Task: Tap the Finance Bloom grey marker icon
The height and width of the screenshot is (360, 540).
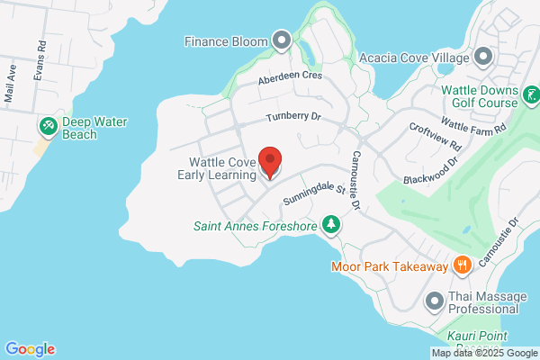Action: click(x=282, y=40)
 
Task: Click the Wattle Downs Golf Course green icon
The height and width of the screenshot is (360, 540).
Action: click(x=531, y=94)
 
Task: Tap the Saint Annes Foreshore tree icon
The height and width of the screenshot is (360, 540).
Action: click(x=332, y=224)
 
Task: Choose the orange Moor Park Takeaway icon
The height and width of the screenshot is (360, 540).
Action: click(x=463, y=265)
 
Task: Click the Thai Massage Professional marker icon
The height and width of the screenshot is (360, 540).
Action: click(x=434, y=300)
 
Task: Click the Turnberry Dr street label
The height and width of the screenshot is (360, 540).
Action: click(x=293, y=119)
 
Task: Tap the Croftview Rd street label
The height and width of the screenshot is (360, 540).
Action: click(x=435, y=137)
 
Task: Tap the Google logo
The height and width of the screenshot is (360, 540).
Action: click(x=30, y=349)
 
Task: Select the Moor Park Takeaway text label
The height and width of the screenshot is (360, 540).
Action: click(x=390, y=265)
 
